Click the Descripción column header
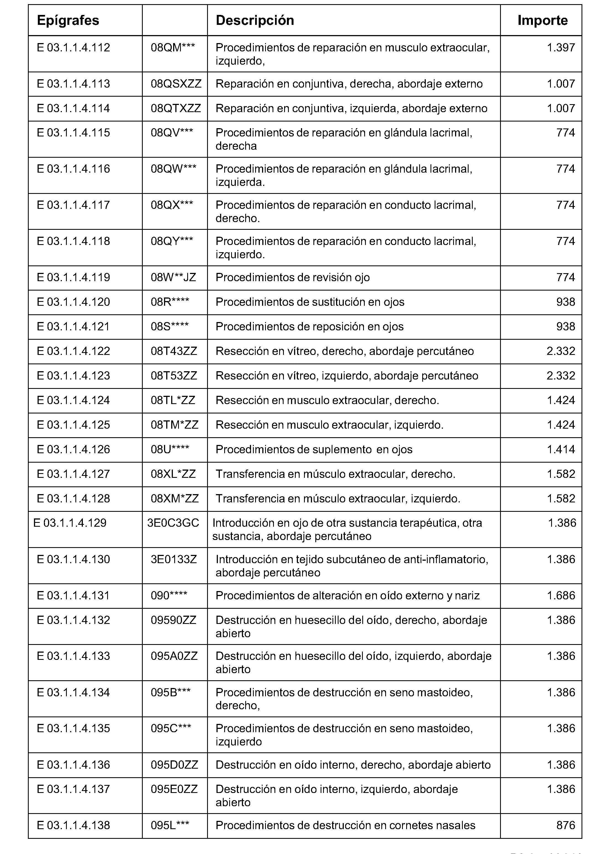(255, 20)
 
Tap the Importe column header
(542, 20)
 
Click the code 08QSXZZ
(176, 84)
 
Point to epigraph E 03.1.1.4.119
(73, 278)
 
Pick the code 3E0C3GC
(173, 523)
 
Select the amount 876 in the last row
(566, 825)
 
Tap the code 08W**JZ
(173, 278)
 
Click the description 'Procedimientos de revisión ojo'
(293, 278)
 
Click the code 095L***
(170, 825)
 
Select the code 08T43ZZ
(174, 351)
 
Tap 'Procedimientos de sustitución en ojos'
(310, 302)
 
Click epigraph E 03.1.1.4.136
(73, 765)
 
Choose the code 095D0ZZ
(174, 765)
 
